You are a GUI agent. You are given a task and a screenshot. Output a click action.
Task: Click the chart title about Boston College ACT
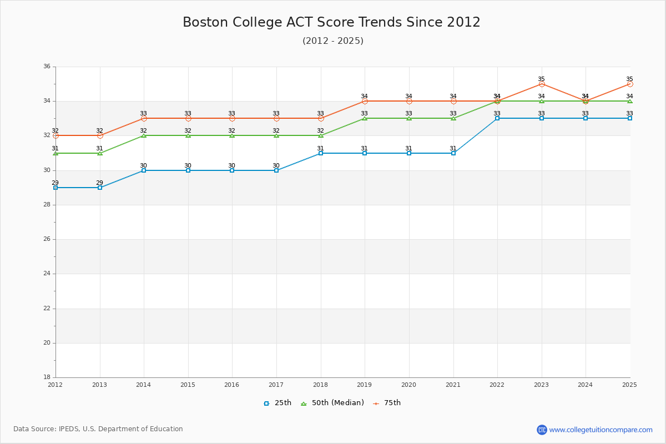coord(331,22)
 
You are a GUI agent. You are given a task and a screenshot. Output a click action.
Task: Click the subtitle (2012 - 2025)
coord(333,41)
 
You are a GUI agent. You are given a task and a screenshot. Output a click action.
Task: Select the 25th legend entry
coord(277,403)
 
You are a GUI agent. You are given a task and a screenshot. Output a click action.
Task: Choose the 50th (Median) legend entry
coord(332,403)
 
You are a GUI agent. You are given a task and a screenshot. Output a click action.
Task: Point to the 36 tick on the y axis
coord(47,67)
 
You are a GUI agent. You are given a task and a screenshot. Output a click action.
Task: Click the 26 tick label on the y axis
coord(47,239)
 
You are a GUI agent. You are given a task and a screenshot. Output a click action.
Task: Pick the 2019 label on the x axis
coord(365,384)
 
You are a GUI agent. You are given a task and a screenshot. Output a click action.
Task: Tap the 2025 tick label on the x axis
coord(629,384)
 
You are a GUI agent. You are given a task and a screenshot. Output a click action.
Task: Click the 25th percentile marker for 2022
coord(497,118)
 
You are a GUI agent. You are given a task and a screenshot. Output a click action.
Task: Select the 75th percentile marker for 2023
coord(542,84)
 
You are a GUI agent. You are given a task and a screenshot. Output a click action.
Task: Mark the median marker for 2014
coord(144,135)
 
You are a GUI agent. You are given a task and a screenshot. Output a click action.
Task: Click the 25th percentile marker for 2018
coord(321,153)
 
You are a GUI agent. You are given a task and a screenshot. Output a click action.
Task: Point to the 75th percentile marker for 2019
coord(365,101)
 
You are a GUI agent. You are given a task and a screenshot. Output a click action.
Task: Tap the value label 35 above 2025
coord(629,79)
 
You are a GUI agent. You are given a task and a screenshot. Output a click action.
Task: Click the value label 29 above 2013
coord(99,183)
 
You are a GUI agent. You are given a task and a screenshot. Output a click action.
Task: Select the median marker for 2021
coord(453,118)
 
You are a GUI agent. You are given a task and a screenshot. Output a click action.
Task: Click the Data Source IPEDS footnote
coord(98,429)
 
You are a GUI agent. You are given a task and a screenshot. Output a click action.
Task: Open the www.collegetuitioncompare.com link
coord(601,430)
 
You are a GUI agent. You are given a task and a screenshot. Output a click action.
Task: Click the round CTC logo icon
coord(542,430)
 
